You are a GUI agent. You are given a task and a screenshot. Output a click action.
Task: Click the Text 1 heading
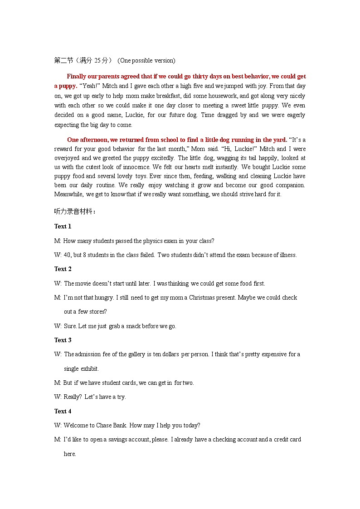click(x=63, y=227)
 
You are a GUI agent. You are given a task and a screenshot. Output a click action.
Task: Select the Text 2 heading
click(x=63, y=269)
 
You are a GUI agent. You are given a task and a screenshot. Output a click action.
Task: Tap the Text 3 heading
click(x=63, y=340)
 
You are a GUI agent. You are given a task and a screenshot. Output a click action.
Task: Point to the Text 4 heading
click(x=63, y=412)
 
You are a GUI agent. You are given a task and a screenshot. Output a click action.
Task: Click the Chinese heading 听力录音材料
click(x=75, y=212)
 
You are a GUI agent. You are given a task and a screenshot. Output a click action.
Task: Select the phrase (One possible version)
click(x=146, y=61)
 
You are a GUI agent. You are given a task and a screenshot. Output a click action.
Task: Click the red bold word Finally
click(x=78, y=77)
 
